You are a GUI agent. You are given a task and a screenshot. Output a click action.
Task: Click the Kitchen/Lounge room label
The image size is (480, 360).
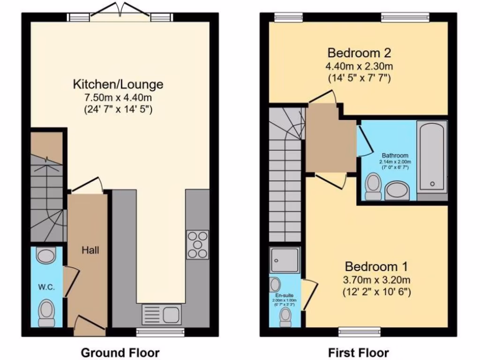coord(118,84)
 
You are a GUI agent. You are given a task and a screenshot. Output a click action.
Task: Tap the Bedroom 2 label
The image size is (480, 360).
coord(360,52)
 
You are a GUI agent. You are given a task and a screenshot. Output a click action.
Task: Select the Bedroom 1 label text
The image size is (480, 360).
coord(376,267)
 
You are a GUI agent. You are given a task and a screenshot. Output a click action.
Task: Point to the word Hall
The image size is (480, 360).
coord(90,250)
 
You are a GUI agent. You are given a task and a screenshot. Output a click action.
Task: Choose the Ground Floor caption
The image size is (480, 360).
coord(120,352)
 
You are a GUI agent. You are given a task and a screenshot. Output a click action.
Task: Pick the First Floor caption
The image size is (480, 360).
coord(359,352)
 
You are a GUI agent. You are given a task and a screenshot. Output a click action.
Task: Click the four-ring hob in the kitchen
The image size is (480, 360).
coord(197,244)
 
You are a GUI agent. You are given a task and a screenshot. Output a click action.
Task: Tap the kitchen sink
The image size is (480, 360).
coord(161,313)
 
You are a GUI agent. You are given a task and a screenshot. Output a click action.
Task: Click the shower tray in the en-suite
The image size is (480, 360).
coord(285,260)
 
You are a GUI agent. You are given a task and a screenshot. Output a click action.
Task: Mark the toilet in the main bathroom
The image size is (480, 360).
coord(374,183)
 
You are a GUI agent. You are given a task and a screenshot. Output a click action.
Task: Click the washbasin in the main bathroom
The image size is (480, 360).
coord(397,191)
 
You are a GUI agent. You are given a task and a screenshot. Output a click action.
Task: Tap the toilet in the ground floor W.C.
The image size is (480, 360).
coord(46,312)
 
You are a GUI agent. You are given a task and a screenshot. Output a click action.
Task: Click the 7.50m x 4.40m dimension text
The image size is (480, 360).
coord(118,98)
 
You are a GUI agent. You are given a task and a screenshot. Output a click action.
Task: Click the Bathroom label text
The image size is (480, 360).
coord(395,156)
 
